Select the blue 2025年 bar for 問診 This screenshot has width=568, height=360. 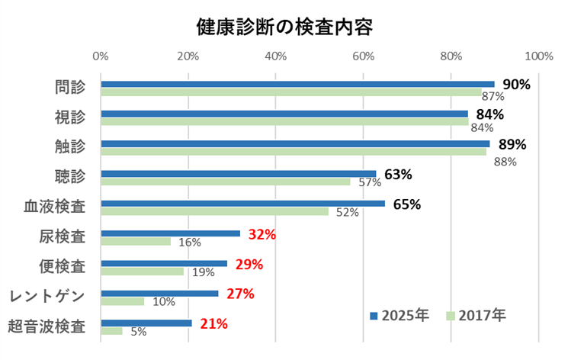297,84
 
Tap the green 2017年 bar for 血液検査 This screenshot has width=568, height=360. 214,211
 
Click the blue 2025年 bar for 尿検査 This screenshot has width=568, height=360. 170,233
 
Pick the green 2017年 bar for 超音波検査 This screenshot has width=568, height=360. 111,331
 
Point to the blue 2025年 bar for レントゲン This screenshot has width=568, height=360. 159,293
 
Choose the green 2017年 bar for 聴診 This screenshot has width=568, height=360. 225,182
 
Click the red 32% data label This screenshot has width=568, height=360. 262,234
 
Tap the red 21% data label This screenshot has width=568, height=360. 213,323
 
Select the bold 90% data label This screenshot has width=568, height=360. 516,85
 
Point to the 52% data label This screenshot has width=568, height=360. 347,213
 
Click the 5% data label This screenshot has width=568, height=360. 138,332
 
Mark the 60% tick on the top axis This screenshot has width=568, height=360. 364,56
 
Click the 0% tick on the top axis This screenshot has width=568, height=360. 100,56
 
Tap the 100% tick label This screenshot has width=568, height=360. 538,56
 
